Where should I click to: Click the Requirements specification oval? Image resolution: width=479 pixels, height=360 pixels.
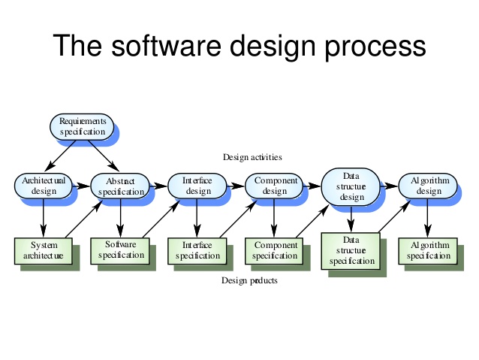83,126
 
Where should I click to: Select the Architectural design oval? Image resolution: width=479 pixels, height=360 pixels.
44,186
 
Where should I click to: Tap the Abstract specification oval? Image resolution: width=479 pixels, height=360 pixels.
120,186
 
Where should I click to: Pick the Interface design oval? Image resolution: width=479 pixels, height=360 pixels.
197,186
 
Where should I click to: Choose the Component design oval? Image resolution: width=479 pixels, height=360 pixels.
276,186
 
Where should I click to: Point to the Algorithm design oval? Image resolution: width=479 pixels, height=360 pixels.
428,186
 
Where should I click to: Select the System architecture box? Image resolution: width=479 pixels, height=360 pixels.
44,250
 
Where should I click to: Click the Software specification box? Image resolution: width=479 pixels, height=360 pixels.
120,250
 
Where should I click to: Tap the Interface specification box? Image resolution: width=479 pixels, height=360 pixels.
197,250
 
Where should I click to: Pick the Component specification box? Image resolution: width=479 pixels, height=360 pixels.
276,250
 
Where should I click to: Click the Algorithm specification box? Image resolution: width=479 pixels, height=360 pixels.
428,250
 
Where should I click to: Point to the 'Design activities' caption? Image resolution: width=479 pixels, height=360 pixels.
252,157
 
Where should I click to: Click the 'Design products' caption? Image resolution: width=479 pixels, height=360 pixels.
249,280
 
